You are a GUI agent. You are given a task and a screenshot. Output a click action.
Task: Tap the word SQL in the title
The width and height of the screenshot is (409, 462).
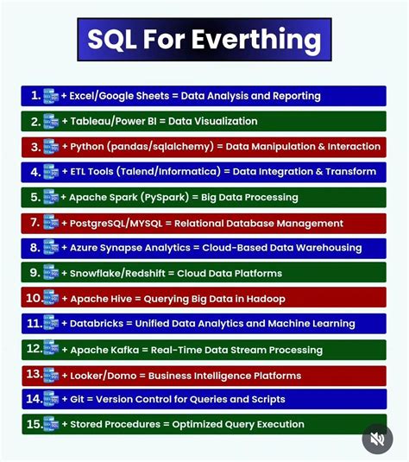tap(116, 40)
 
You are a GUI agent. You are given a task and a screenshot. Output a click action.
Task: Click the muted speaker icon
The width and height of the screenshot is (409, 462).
tap(377, 439)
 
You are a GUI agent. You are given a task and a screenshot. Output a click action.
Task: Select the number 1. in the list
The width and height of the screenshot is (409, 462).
tap(35, 96)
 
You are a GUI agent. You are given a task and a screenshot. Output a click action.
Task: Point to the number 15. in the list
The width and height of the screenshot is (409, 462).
tap(33, 424)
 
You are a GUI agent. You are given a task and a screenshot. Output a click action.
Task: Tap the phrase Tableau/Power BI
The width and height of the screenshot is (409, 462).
tap(110, 122)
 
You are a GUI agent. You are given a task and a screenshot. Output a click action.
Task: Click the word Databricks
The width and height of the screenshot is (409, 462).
tap(94, 324)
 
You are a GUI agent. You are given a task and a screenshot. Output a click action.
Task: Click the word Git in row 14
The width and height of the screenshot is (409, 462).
tap(76, 400)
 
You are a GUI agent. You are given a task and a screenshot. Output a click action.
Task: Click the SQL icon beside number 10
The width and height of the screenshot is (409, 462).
tap(51, 298)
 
